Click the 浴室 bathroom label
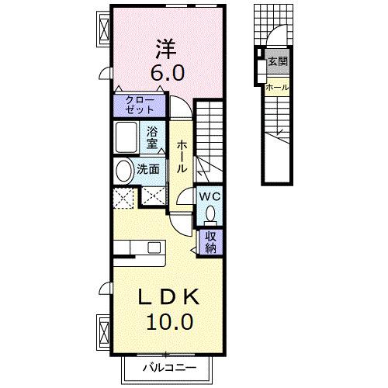pos(152,137)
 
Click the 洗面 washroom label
pos(150,168)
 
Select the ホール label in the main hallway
pos(181,156)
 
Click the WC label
pos(210,197)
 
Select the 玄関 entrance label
pos(277,61)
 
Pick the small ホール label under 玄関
pos(276,88)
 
